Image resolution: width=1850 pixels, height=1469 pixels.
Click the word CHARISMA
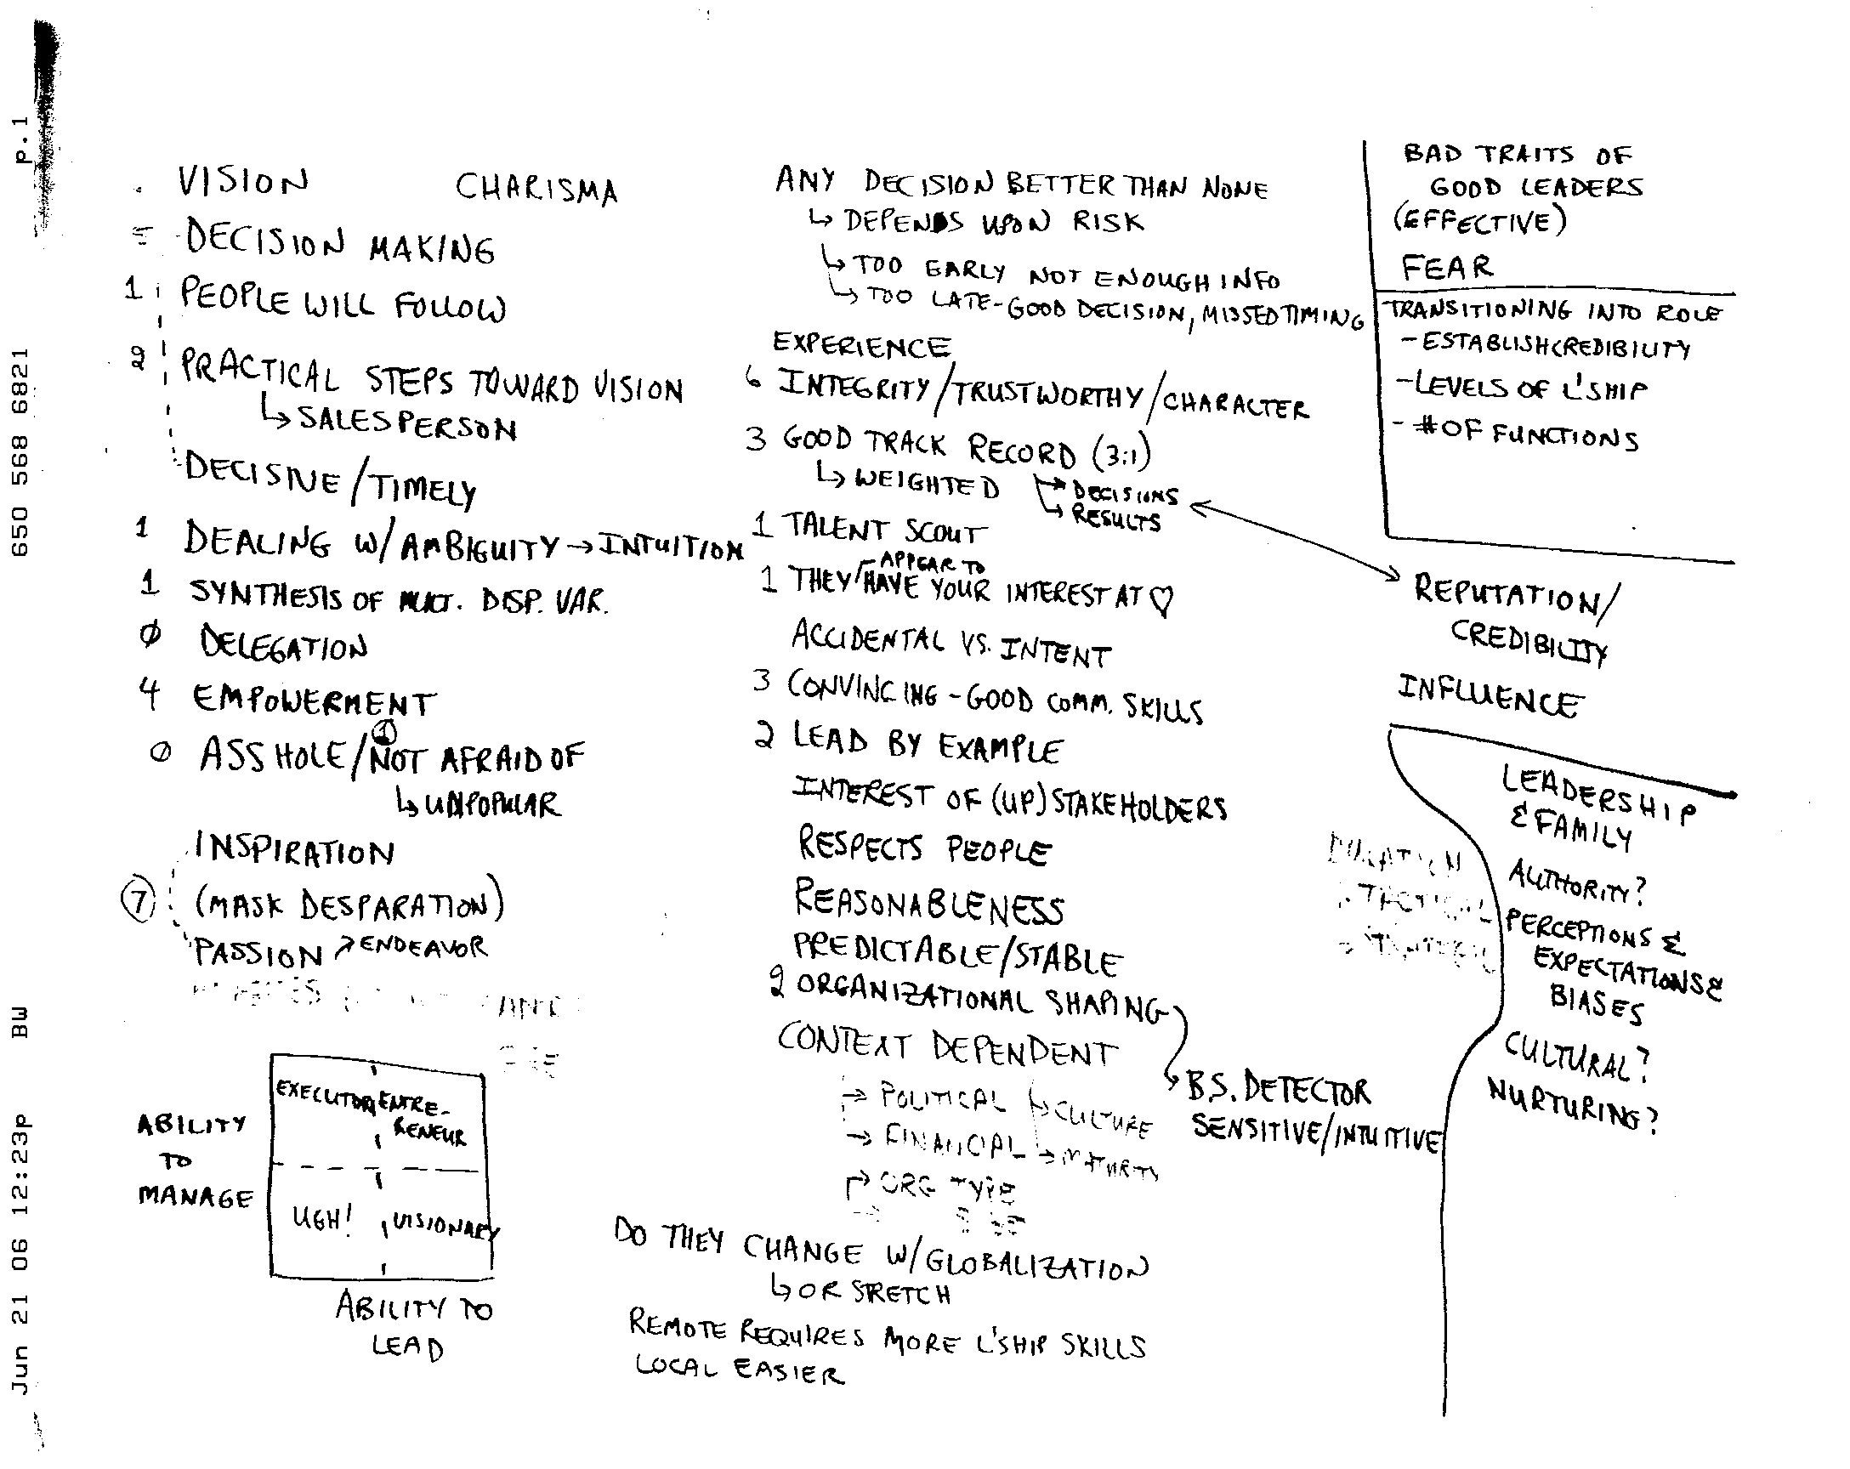click(536, 188)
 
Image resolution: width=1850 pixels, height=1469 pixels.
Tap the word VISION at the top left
click(242, 181)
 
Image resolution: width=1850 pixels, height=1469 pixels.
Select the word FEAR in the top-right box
click(1447, 268)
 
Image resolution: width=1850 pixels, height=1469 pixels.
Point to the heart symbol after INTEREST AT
click(1161, 600)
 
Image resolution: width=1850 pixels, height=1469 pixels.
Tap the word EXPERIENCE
click(861, 345)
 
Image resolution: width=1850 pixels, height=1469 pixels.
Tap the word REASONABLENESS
click(929, 902)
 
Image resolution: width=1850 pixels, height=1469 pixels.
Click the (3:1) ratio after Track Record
click(1121, 454)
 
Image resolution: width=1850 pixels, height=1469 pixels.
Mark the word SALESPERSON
click(406, 423)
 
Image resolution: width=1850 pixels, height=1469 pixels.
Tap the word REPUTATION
click(1506, 593)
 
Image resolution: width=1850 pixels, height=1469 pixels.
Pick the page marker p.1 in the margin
click(21, 139)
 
